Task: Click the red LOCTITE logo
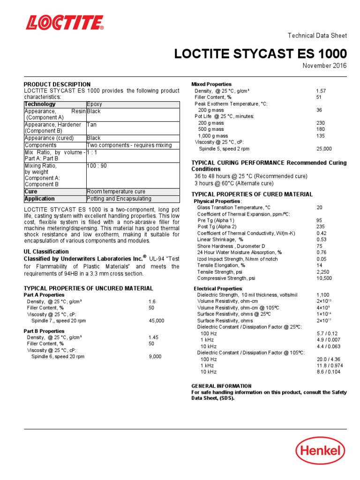65,22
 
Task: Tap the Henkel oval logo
320,451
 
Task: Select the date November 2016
324,65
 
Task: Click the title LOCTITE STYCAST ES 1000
261,53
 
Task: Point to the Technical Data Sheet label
317,36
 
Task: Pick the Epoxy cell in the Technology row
95,104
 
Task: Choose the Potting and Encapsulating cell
119,199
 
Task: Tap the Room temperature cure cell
116,192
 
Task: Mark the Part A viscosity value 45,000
157,321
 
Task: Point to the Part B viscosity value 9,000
155,356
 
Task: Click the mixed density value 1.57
321,90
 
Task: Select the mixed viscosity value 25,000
324,149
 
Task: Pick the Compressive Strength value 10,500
324,278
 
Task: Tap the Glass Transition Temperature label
233,207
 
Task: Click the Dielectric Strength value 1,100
323,294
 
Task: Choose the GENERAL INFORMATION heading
221,386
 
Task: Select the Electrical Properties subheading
218,288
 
